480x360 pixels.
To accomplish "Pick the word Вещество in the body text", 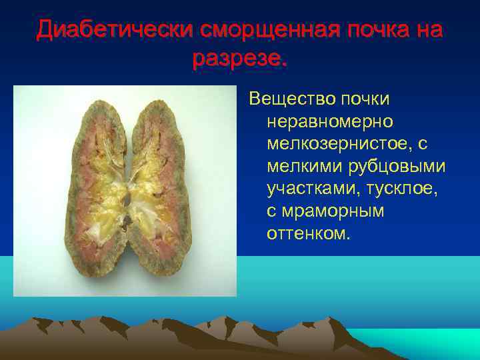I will pos(290,99).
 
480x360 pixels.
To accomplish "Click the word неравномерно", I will pos(331,121).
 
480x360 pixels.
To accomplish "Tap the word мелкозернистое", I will pos(347,143).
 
